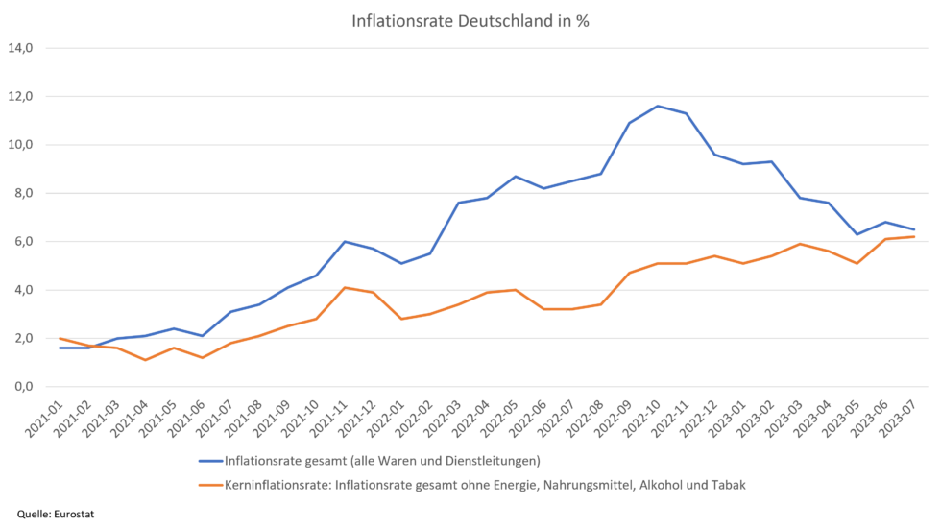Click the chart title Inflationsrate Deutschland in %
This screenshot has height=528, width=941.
point(470,23)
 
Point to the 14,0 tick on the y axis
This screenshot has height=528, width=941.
point(21,47)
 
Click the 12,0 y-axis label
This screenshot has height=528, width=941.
point(21,96)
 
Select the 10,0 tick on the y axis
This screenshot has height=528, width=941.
point(21,144)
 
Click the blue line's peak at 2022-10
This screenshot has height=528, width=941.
point(656,106)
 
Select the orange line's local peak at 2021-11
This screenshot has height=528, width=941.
point(345,287)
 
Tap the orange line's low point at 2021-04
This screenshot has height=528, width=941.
point(145,360)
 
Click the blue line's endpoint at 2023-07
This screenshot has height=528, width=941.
point(914,229)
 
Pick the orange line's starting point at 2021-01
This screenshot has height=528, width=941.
point(60,338)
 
